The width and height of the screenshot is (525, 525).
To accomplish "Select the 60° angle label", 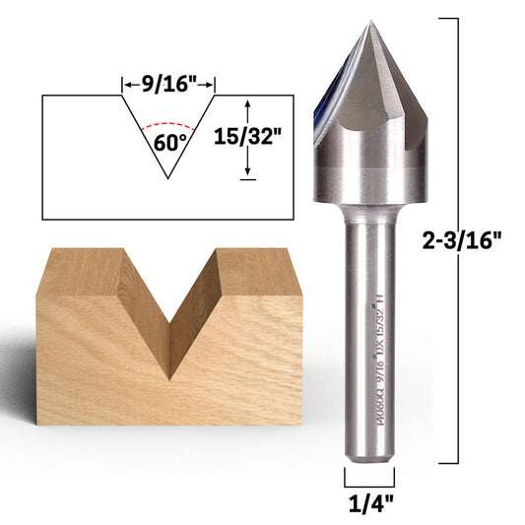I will (x=169, y=140).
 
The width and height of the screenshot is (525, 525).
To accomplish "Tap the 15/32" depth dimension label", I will (x=251, y=138).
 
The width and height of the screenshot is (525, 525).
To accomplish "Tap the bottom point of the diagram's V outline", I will (x=169, y=178).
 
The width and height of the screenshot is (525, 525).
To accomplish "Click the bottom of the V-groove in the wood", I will (x=170, y=377).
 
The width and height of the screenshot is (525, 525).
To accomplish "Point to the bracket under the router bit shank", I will (x=369, y=479).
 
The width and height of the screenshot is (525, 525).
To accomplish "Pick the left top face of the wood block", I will (x=79, y=268).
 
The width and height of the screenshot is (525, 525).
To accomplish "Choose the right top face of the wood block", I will (x=258, y=271).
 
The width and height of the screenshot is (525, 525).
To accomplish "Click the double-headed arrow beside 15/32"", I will (x=248, y=138).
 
